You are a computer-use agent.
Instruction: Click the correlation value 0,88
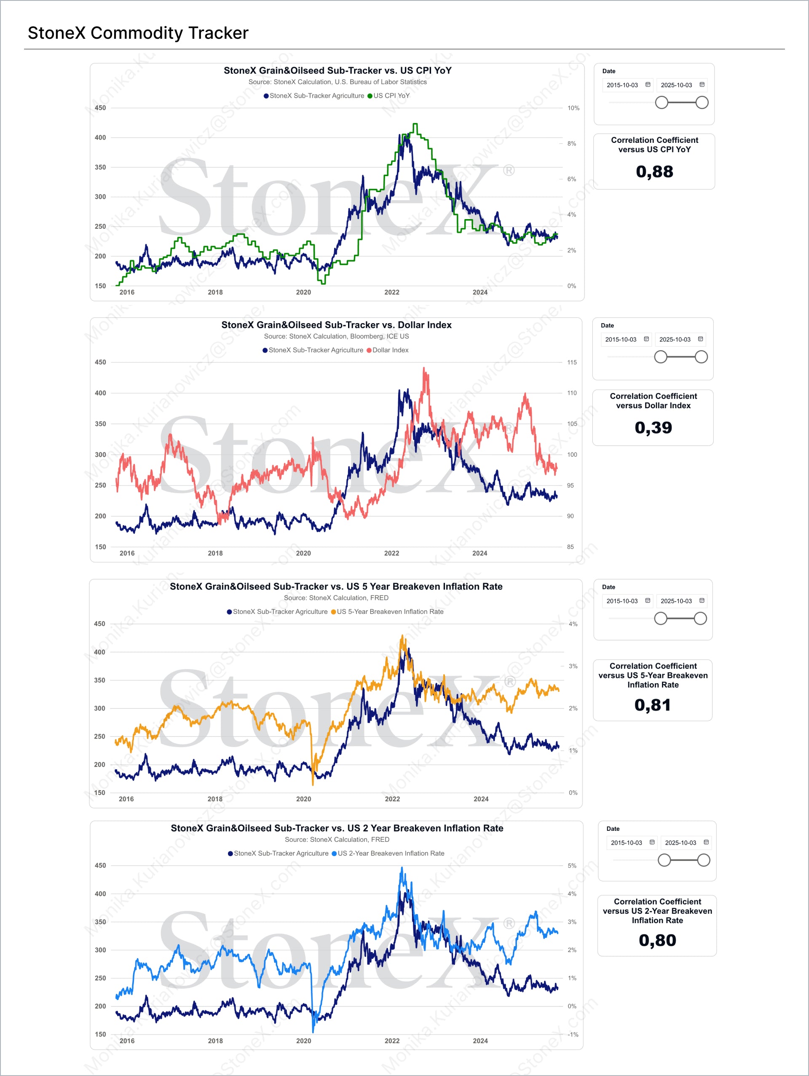[x=654, y=172]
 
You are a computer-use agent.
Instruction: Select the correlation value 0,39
[x=653, y=428]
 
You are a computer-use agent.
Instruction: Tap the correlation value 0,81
[x=652, y=705]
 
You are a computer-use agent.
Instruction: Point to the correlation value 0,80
[x=657, y=940]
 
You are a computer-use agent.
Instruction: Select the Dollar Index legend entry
[x=390, y=350]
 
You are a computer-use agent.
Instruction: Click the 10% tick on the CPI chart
[x=573, y=108]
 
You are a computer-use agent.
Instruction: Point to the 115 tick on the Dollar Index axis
[x=572, y=362]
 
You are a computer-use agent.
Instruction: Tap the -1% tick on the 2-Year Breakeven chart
[x=573, y=1034]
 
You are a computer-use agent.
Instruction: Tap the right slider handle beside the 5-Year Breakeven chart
[x=700, y=618]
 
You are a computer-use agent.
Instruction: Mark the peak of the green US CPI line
[x=415, y=125]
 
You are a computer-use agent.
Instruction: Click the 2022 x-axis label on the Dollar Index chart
[x=391, y=553]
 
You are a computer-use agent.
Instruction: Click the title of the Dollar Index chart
[x=336, y=325]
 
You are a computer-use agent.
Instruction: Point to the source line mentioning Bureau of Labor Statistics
[x=337, y=82]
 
